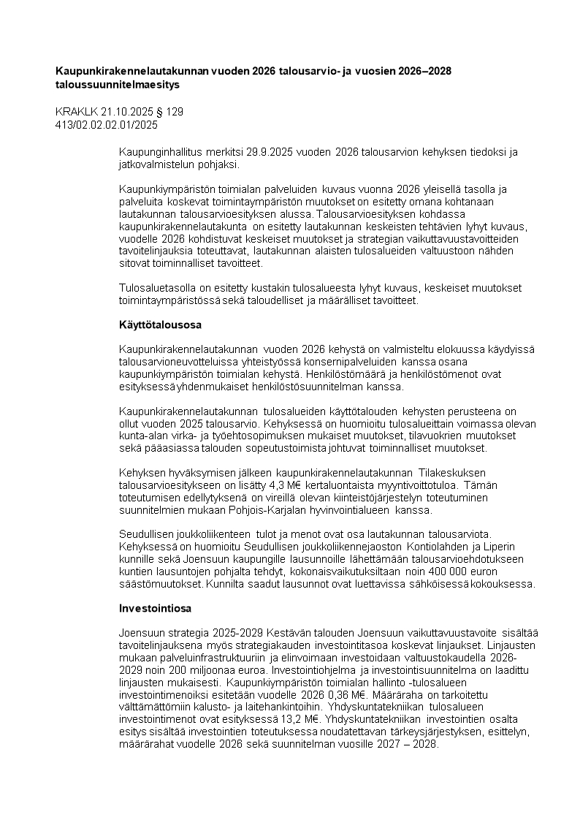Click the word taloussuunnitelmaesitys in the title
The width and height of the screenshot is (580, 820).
point(117,85)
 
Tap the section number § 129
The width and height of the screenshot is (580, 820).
point(169,112)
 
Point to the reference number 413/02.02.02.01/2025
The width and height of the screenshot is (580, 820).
point(106,124)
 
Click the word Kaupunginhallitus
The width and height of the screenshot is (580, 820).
point(161,151)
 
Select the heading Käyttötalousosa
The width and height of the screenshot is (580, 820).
point(160,323)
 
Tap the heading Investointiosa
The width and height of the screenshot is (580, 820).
point(156,608)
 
